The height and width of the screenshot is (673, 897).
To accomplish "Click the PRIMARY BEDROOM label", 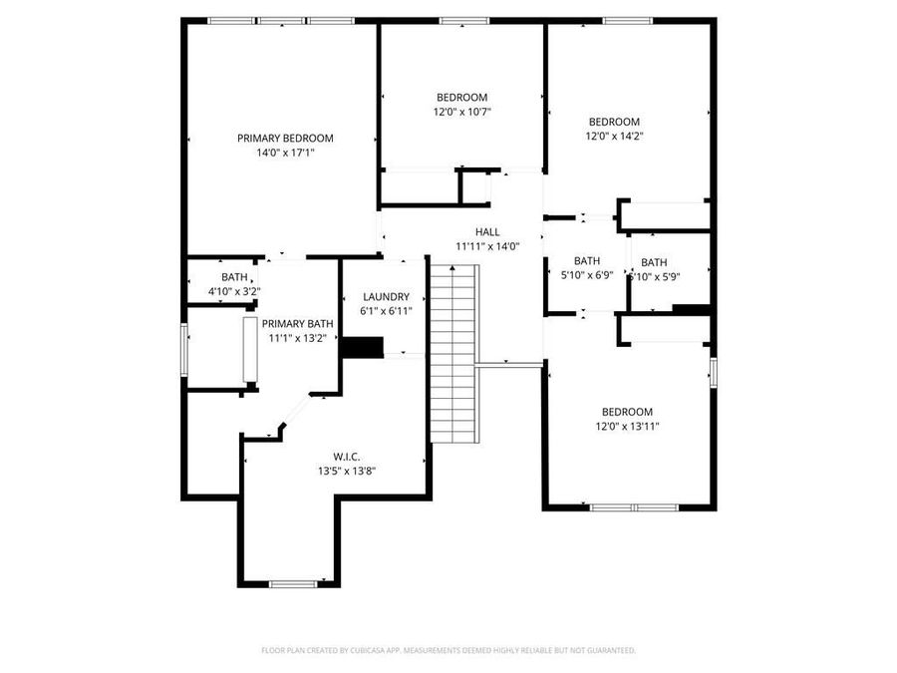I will point(285,139).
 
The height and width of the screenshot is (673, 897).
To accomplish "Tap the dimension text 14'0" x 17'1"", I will point(285,154).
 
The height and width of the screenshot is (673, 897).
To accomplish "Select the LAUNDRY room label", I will point(386,297).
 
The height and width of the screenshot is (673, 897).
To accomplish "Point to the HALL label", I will point(487,232).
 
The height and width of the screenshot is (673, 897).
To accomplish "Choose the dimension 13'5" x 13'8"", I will point(346,471).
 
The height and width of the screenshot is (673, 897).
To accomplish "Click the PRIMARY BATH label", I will point(298,324).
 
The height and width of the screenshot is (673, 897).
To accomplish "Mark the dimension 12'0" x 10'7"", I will point(461,113).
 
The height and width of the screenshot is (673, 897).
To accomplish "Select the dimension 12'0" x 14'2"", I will point(613,137).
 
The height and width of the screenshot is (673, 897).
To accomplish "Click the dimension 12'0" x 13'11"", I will point(627,427).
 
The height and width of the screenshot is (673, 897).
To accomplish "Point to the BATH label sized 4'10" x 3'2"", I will point(234,278).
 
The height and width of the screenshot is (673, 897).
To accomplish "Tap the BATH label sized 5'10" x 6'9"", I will point(587,261).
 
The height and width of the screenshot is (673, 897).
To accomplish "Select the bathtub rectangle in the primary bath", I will point(250,349).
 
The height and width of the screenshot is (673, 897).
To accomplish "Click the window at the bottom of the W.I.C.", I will point(292,583).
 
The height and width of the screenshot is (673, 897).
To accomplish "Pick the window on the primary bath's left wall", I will point(183,349).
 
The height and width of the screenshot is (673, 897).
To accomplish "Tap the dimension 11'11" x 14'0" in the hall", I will point(487,246).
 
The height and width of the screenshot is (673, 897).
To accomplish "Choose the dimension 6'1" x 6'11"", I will point(386,311).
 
